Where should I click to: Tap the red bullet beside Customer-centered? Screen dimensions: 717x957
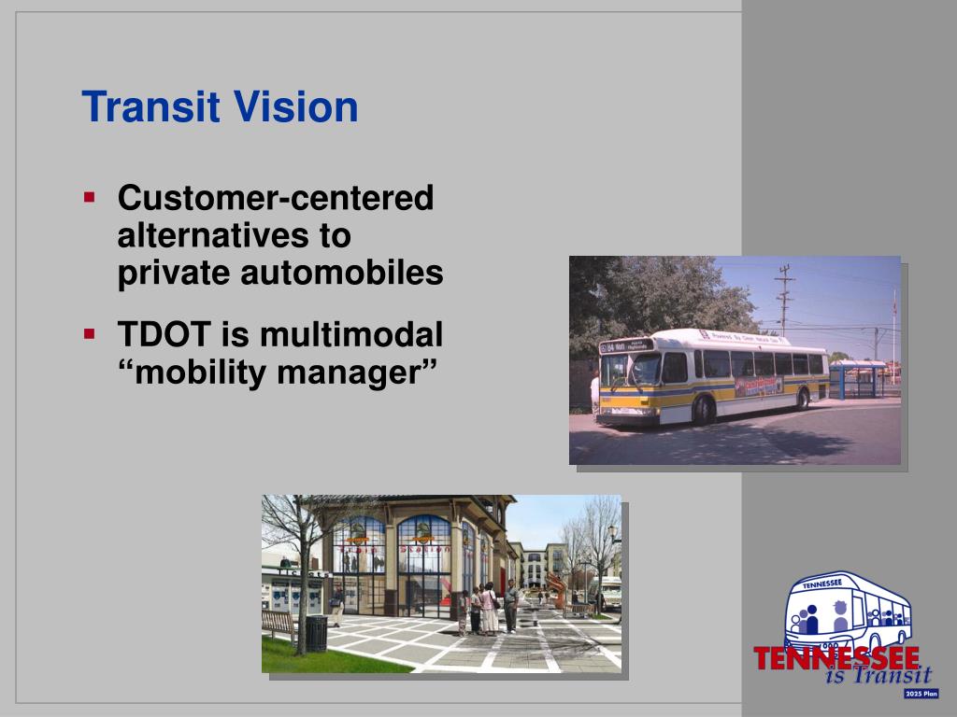(x=90, y=198)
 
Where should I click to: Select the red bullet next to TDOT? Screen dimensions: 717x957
(x=90, y=332)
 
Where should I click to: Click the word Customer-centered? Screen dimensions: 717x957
(x=276, y=199)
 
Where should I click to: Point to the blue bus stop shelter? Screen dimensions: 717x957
(x=856, y=378)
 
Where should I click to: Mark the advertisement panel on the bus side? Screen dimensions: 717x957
(x=758, y=386)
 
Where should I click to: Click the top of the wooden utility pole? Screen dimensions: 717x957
(x=784, y=271)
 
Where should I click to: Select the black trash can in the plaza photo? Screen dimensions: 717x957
(x=317, y=632)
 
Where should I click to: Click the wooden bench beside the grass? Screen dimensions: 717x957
(x=279, y=624)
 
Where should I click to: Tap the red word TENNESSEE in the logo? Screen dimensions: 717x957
(x=836, y=658)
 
